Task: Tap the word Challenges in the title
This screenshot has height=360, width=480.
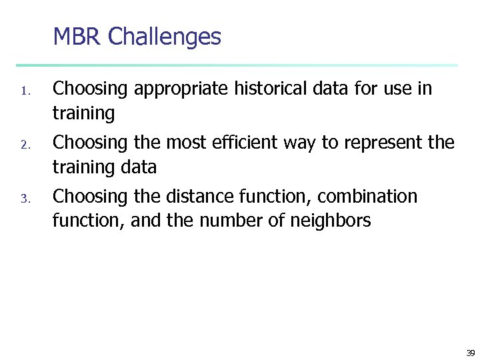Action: [x=164, y=37]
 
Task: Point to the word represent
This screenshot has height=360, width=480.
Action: [x=380, y=143]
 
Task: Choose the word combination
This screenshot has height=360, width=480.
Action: [x=367, y=197]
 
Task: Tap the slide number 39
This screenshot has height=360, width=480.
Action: [x=470, y=353]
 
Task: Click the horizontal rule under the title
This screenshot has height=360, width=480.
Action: [x=237, y=65]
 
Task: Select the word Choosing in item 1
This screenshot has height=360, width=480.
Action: [x=90, y=89]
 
